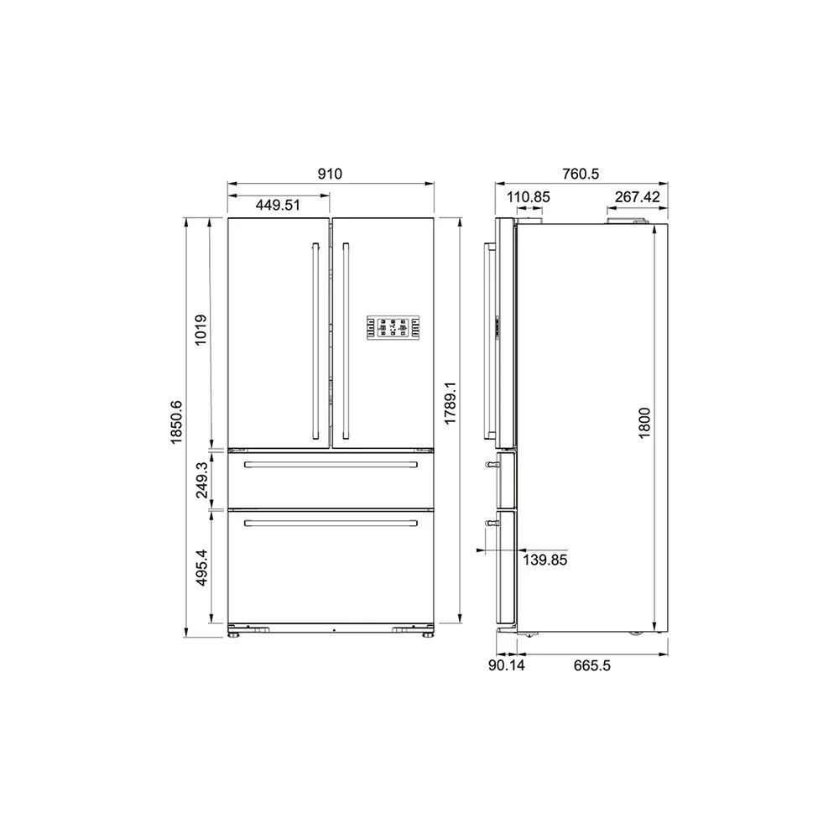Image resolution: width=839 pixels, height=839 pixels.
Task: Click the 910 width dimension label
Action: click(x=330, y=174)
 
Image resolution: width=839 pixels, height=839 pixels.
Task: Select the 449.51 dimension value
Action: click(x=278, y=205)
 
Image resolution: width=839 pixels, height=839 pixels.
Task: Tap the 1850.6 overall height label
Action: click(x=176, y=422)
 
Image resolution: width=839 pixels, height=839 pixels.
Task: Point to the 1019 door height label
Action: click(x=201, y=330)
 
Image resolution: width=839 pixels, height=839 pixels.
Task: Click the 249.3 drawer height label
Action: click(x=201, y=480)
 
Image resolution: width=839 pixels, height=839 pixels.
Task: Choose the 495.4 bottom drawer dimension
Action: click(x=201, y=567)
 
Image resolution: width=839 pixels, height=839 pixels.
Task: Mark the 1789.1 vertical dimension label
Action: click(x=450, y=404)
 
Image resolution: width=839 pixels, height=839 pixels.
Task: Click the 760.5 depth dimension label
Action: click(x=581, y=174)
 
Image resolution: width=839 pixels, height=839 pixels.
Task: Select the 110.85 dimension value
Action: click(x=528, y=197)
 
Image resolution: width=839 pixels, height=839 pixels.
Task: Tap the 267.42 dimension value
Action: click(x=638, y=197)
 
